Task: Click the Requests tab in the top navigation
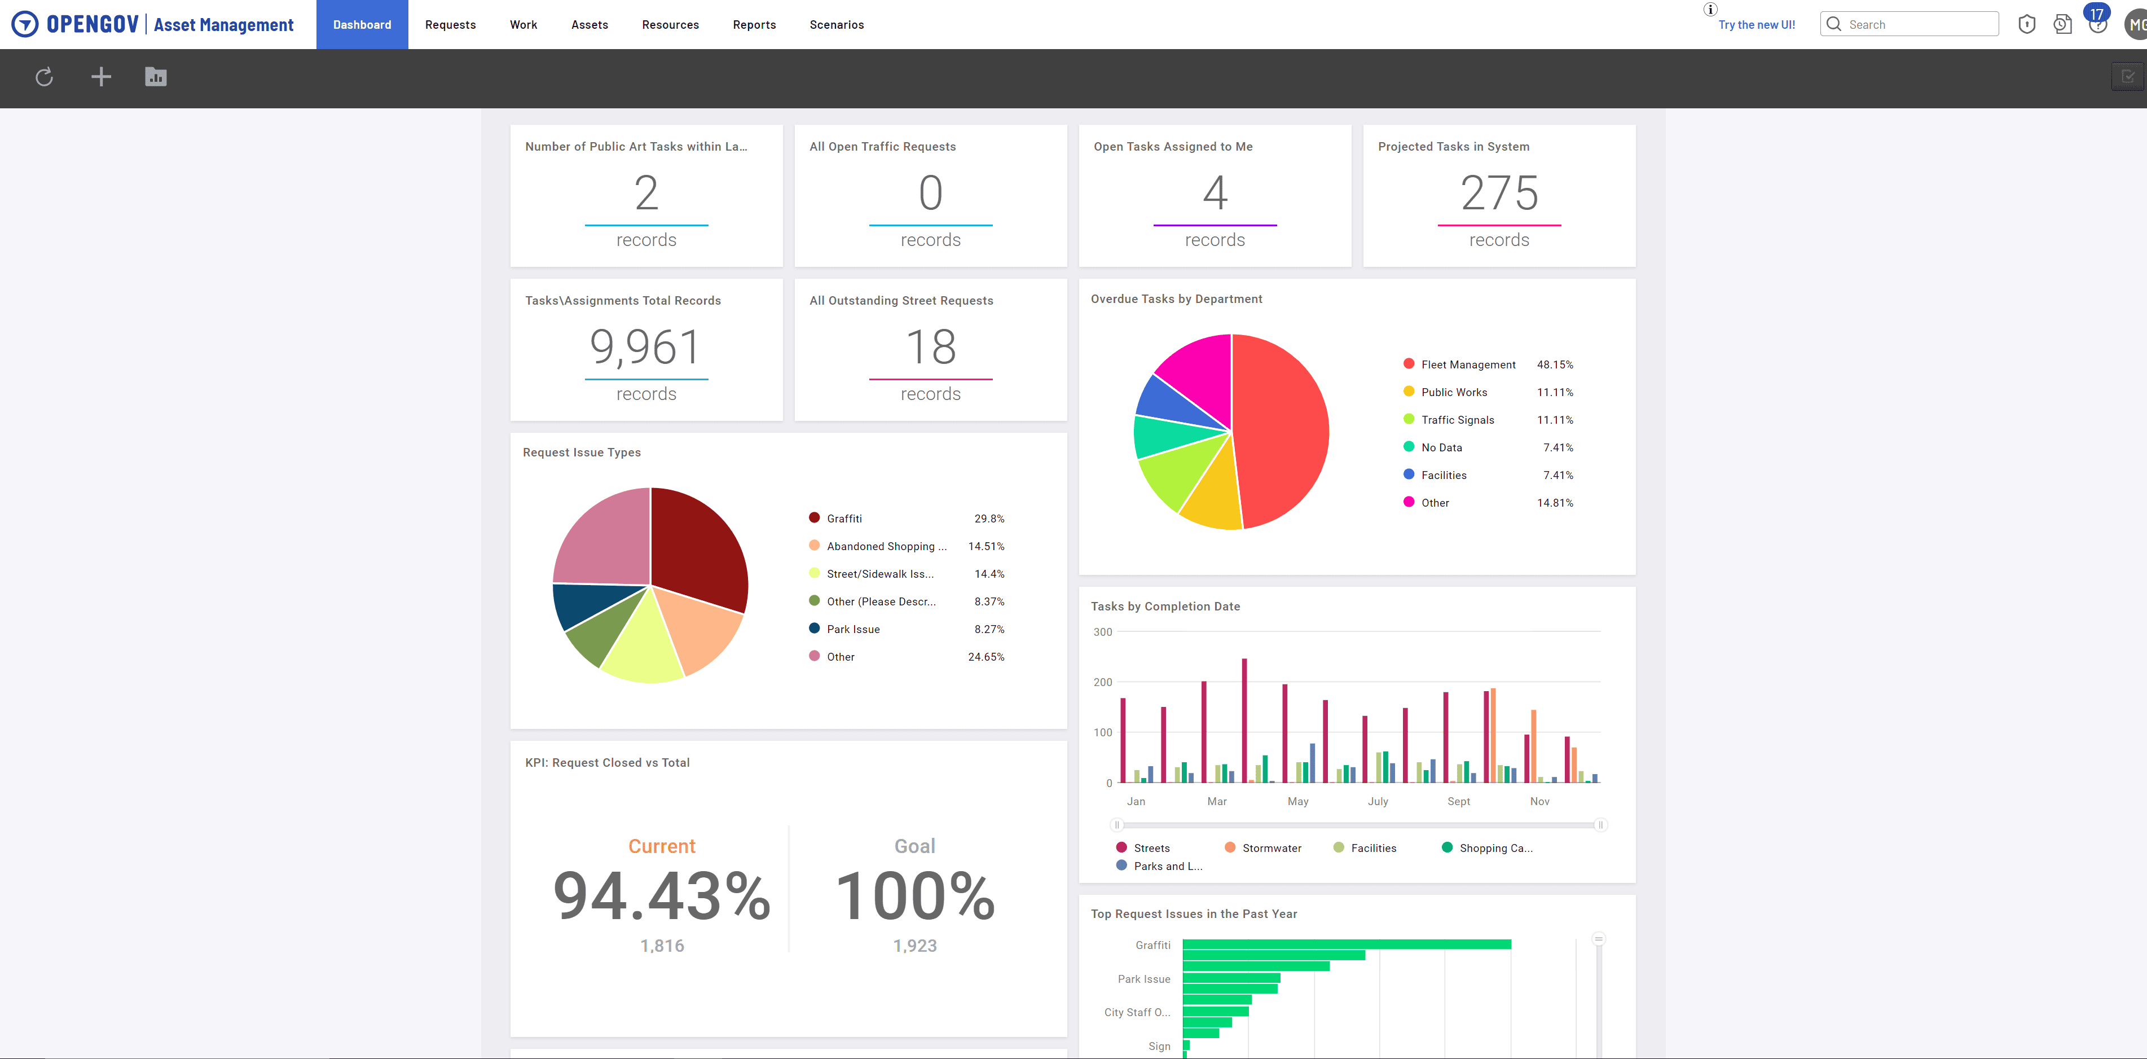pyautogui.click(x=450, y=25)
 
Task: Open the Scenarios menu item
pyautogui.click(x=836, y=25)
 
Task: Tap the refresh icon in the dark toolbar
pyautogui.click(x=44, y=77)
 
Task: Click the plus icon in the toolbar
pyautogui.click(x=101, y=77)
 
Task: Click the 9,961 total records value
pyautogui.click(x=645, y=347)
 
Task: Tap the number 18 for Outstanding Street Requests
pyautogui.click(x=930, y=347)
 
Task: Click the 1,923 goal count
pyautogui.click(x=914, y=946)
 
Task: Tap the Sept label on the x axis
pyautogui.click(x=1459, y=801)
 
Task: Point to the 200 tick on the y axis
pyautogui.click(x=1103, y=682)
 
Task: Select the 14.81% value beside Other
pyautogui.click(x=1555, y=503)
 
